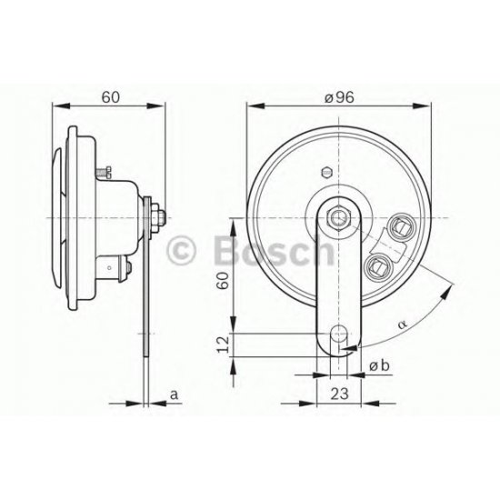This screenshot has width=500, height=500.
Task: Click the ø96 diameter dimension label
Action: pyautogui.click(x=339, y=97)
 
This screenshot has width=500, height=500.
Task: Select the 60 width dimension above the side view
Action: pyautogui.click(x=111, y=97)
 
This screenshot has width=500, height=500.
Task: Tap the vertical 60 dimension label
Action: pyautogui.click(x=223, y=280)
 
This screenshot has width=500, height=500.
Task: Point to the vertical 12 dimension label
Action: pyautogui.click(x=223, y=344)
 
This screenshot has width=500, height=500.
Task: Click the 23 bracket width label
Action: pyautogui.click(x=339, y=395)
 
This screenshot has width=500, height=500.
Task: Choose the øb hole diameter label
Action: pyautogui.click(x=379, y=366)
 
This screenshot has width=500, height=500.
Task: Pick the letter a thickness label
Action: pyautogui.click(x=175, y=395)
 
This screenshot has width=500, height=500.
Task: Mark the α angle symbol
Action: pyautogui.click(x=403, y=325)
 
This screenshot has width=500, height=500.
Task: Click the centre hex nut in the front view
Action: pyautogui.click(x=339, y=218)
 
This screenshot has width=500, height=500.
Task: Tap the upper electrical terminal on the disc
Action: pyautogui.click(x=402, y=227)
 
